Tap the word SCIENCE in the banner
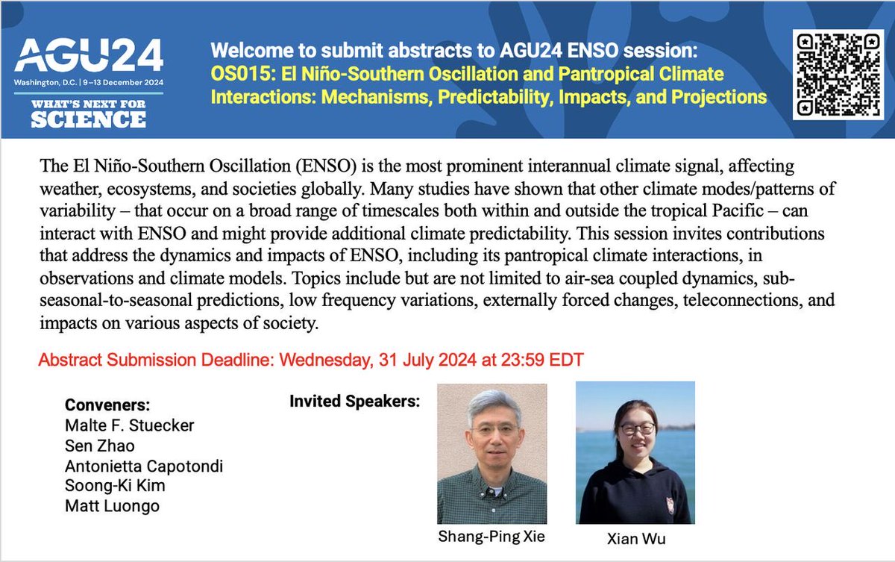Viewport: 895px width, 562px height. tap(88, 119)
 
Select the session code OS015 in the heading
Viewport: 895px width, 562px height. tap(233, 75)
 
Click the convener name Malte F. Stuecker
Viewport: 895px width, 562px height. tap(129, 425)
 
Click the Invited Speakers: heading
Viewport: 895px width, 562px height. tap(355, 401)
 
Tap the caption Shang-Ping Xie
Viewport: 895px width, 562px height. tap(491, 537)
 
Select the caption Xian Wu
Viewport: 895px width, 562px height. tap(635, 539)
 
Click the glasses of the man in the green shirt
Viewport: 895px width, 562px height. tap(494, 431)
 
